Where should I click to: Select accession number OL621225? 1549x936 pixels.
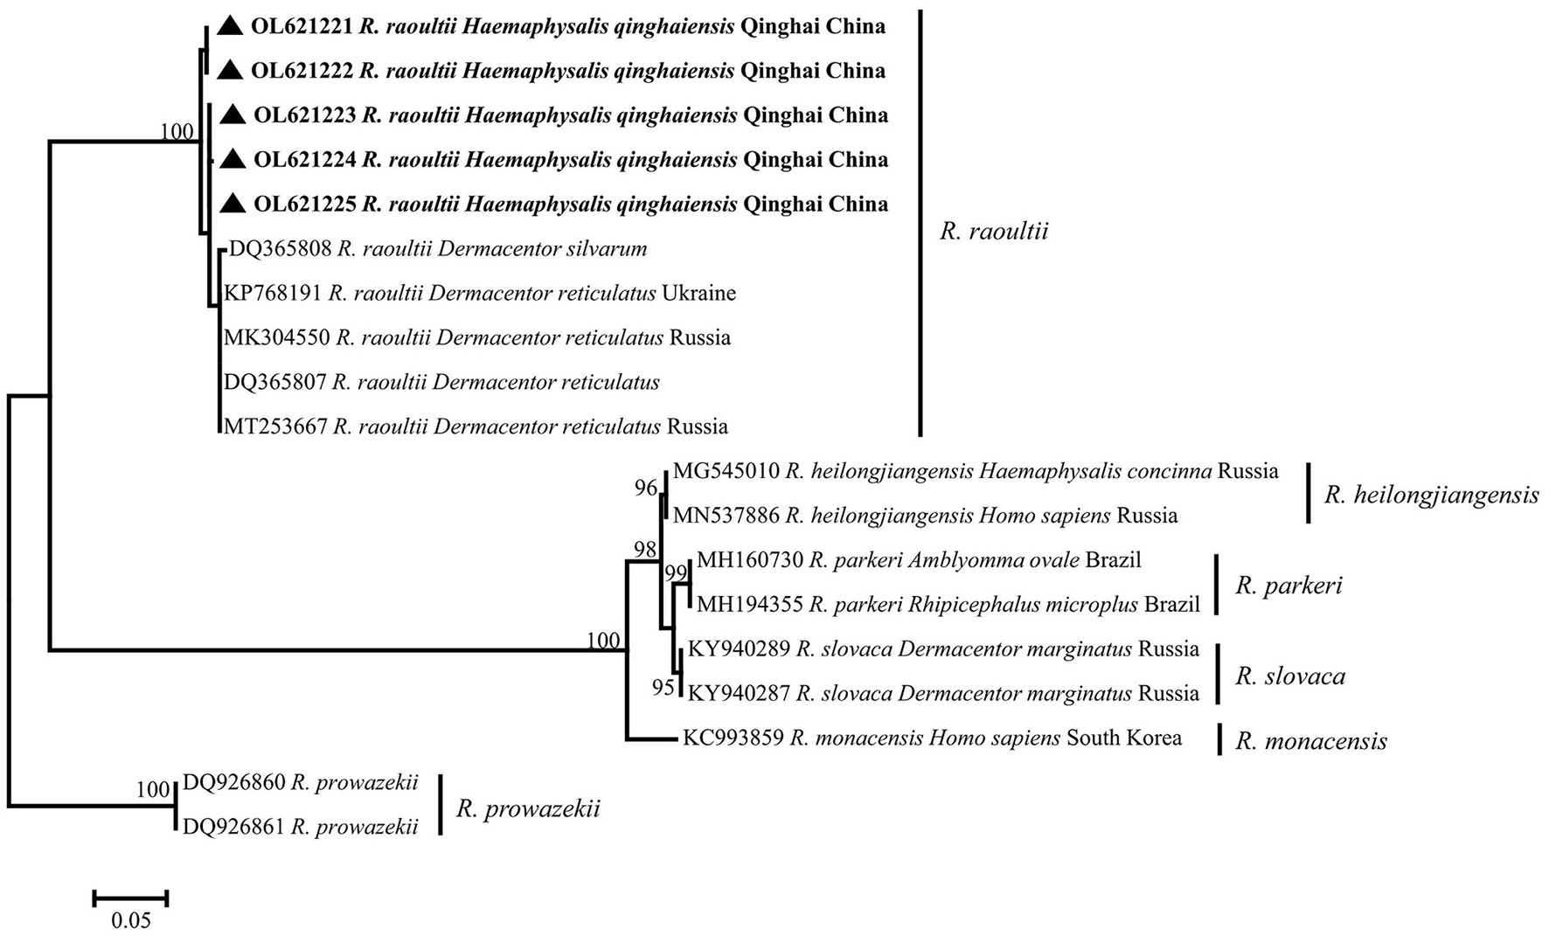pyautogui.click(x=305, y=205)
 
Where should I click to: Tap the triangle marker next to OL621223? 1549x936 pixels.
pyautogui.click(x=232, y=114)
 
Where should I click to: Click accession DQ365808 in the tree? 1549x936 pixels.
pyautogui.click(x=281, y=249)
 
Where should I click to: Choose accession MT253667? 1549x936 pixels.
pyautogui.click(x=275, y=427)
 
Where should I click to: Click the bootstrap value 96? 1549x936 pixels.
pyautogui.click(x=646, y=488)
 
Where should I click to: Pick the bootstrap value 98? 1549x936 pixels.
pyautogui.click(x=645, y=549)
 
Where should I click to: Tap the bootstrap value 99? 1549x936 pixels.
pyautogui.click(x=676, y=573)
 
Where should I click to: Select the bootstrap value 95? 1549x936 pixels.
pyautogui.click(x=663, y=688)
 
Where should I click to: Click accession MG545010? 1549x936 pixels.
pyautogui.click(x=726, y=472)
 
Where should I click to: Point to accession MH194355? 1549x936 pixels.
pyautogui.click(x=749, y=604)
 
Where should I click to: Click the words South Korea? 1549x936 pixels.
pyautogui.click(x=1123, y=738)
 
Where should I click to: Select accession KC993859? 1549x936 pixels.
pyautogui.click(x=733, y=738)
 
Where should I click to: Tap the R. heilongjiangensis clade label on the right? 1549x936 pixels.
pyautogui.click(x=1431, y=496)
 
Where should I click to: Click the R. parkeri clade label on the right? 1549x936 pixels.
pyautogui.click(x=1289, y=585)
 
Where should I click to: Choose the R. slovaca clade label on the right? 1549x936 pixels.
pyautogui.click(x=1289, y=676)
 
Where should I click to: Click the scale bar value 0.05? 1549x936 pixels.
pyautogui.click(x=130, y=920)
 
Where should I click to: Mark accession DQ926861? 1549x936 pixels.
pyautogui.click(x=233, y=826)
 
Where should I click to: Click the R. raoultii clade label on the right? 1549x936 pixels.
pyautogui.click(x=993, y=231)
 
